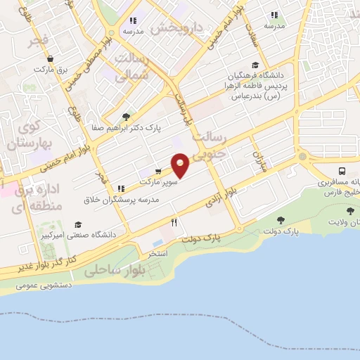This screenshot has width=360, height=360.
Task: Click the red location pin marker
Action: pyautogui.click(x=180, y=165)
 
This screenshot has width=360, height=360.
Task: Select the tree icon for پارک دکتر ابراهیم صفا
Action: pyautogui.click(x=126, y=117)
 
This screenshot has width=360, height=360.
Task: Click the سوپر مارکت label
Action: pyautogui.click(x=159, y=181)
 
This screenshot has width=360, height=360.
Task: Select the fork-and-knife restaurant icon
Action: pyautogui.click(x=174, y=222)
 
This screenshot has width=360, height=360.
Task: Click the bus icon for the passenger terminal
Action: pyautogui.click(x=342, y=171)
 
